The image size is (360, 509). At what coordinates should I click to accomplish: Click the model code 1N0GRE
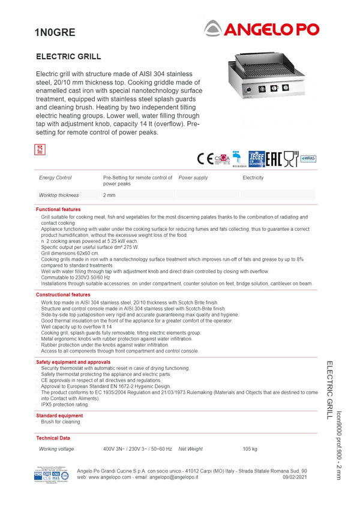[55, 34]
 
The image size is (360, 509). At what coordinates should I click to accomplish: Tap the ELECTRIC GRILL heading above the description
[68, 57]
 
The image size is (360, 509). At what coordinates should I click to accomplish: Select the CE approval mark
[205, 158]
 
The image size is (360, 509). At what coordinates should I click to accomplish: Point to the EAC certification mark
[274, 158]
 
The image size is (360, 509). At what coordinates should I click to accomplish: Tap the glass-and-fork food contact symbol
[290, 158]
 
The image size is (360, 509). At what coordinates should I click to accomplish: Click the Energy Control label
[55, 178]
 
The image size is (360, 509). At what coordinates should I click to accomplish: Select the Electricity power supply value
[253, 178]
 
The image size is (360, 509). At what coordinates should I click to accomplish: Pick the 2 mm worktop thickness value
[109, 195]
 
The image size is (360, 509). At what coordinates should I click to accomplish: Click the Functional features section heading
[58, 210]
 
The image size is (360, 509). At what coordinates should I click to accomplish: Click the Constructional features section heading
[63, 295]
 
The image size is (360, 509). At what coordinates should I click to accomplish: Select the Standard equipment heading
[59, 415]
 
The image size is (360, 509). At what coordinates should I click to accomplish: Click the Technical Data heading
[53, 438]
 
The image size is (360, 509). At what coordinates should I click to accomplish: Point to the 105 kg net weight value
[250, 449]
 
